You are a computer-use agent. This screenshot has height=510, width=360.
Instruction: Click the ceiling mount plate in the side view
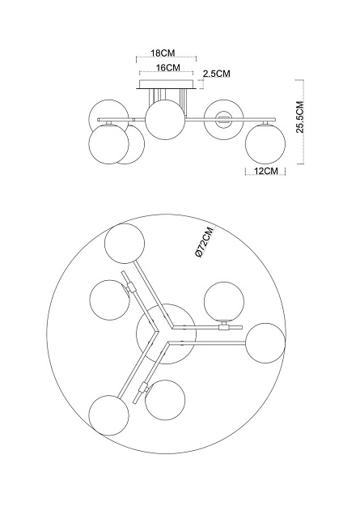point(167,83)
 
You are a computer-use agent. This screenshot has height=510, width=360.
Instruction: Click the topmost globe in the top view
point(126,244)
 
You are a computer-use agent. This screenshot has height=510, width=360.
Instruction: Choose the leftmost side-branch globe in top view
point(108,300)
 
